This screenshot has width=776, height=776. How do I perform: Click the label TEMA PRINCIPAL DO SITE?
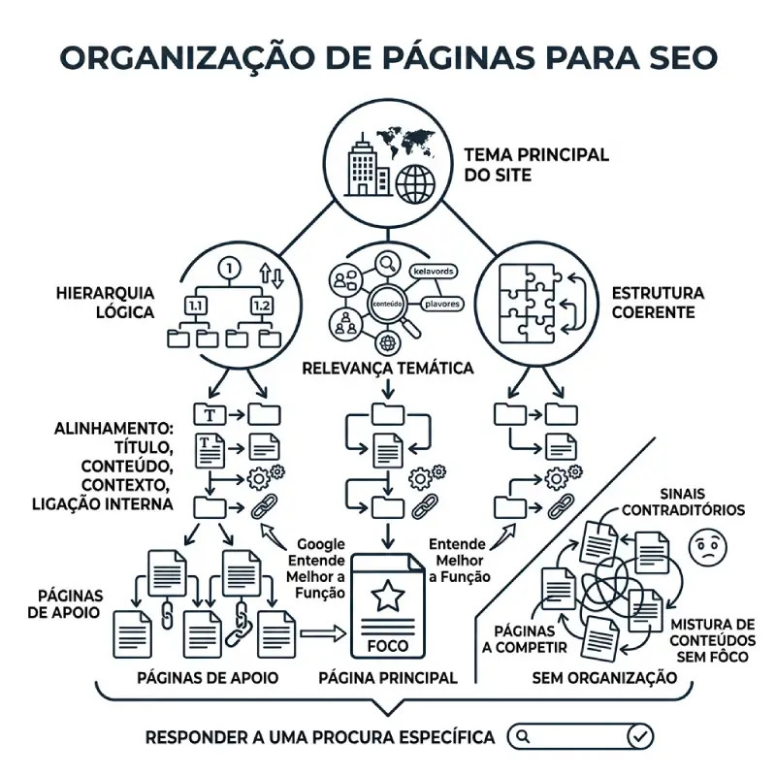[x=536, y=166]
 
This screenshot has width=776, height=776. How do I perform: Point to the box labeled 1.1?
[x=195, y=306]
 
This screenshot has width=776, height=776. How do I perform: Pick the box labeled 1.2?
[x=261, y=306]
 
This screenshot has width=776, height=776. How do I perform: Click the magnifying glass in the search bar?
[x=523, y=736]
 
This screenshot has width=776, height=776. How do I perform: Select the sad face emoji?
[x=706, y=548]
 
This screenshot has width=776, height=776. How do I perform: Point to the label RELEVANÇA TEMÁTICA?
[x=388, y=369]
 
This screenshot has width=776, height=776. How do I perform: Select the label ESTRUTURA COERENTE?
[x=658, y=302]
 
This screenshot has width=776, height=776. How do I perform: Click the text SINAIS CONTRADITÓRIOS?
[x=683, y=501]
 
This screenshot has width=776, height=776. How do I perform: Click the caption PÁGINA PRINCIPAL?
[x=388, y=678]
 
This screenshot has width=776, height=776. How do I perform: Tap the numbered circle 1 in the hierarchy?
[x=229, y=266]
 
